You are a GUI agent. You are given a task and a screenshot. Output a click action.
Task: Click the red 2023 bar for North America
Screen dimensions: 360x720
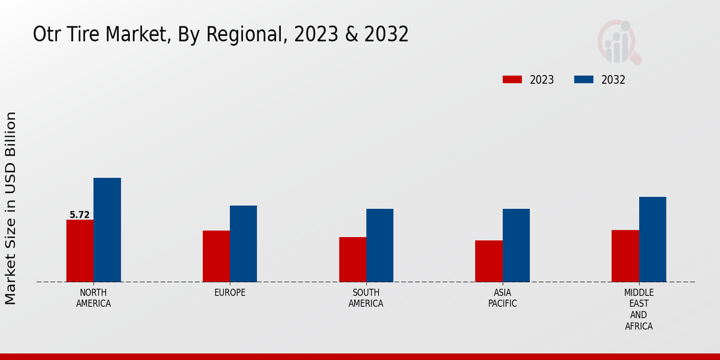[80, 251]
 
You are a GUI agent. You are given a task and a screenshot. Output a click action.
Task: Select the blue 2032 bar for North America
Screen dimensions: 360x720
[107, 230]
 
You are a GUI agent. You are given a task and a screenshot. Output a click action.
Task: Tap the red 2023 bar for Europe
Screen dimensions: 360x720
[216, 256]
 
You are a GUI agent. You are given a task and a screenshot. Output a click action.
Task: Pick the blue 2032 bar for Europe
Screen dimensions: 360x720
[243, 244]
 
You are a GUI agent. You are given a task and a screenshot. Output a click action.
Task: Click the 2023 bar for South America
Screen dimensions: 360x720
[352, 259]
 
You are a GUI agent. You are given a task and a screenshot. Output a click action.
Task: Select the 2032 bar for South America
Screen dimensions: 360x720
[380, 245]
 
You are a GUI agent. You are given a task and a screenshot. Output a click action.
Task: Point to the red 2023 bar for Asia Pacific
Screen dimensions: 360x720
[488, 261]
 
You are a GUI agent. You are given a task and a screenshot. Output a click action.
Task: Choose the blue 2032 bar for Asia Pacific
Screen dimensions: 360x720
[516, 245]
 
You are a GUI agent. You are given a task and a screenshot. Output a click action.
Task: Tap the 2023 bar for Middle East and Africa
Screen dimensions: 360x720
[625, 256]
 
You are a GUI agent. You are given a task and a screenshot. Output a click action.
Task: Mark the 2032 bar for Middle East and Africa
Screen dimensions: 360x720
[652, 239]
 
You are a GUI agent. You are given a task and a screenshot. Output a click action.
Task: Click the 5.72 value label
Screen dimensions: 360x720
[80, 215]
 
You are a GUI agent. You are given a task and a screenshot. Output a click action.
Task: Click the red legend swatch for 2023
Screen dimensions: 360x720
[512, 80]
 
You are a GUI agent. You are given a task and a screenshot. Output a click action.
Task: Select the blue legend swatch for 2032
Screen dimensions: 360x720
[584, 80]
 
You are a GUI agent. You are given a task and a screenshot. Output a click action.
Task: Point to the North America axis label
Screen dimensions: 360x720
[94, 298]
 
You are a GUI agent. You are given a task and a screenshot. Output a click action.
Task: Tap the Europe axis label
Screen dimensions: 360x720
[230, 292]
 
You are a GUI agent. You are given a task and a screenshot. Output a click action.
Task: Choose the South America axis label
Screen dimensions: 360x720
[366, 298]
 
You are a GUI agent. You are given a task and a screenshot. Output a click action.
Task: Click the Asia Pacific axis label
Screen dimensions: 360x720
[502, 298]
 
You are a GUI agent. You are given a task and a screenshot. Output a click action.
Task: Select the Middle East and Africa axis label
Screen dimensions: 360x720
[638, 309]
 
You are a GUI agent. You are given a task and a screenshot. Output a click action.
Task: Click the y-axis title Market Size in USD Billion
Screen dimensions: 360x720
[11, 208]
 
